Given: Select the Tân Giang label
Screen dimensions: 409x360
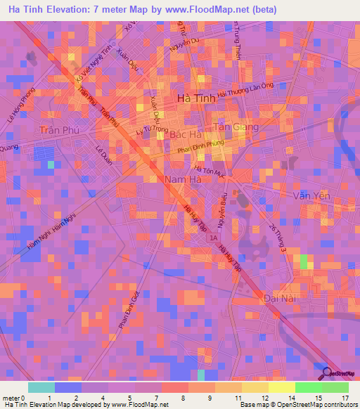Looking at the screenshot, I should (x=236, y=126).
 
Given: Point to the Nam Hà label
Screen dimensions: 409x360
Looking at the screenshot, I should (x=184, y=180).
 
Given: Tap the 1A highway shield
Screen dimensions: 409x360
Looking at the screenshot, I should (x=214, y=239).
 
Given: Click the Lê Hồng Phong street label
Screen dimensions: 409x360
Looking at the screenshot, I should (x=20, y=105).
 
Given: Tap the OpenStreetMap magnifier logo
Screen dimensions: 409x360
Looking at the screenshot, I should (x=326, y=372).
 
